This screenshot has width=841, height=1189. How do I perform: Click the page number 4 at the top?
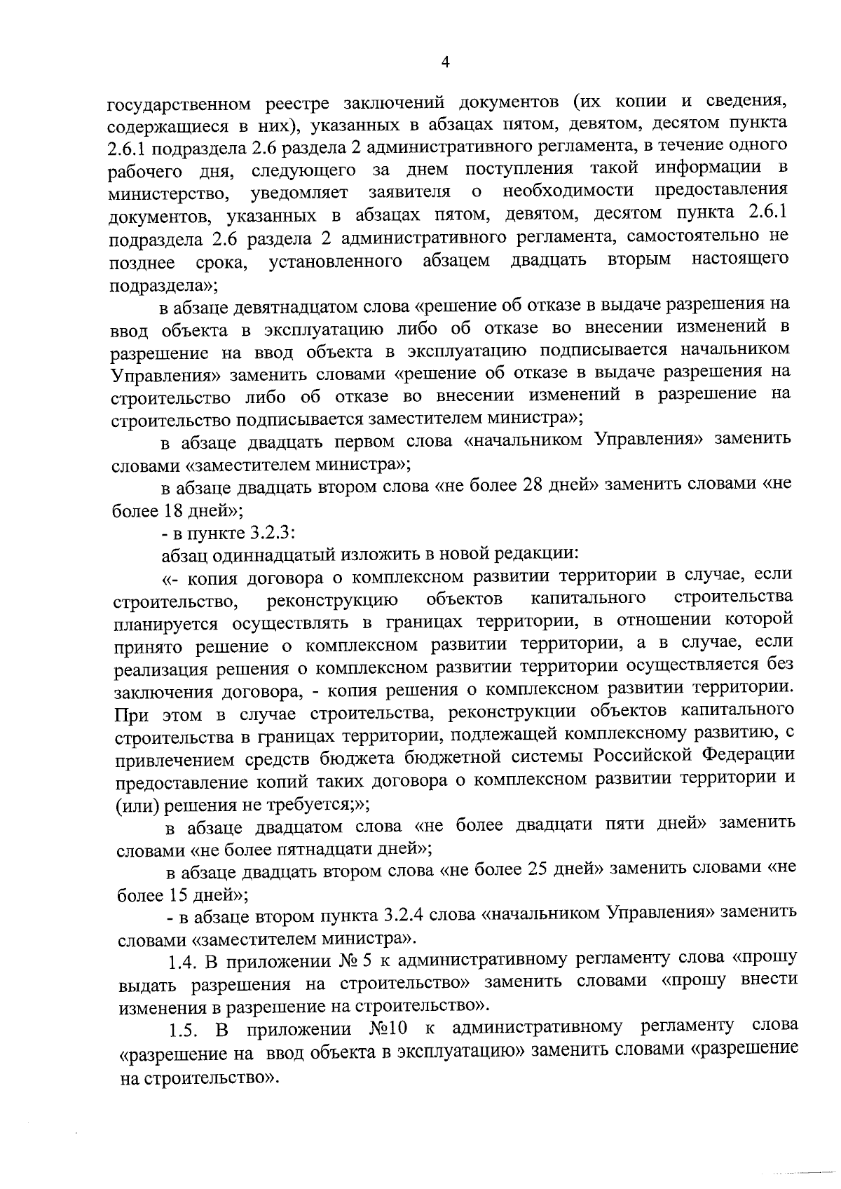445,62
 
